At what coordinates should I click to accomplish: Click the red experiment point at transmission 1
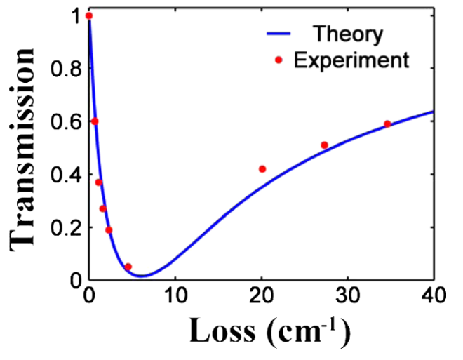[88, 15]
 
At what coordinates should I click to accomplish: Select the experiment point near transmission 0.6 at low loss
[95, 121]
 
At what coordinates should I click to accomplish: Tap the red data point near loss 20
[262, 169]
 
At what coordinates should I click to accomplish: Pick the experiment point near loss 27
[324, 145]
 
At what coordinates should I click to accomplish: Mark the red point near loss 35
[387, 124]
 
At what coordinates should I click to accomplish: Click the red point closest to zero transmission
[128, 267]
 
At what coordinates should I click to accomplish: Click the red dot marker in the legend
[279, 60]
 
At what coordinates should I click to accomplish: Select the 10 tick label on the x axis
[175, 294]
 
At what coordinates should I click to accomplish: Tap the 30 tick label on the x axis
[348, 294]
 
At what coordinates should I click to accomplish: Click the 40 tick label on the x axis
[434, 294]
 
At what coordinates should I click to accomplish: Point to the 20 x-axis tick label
[262, 294]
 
